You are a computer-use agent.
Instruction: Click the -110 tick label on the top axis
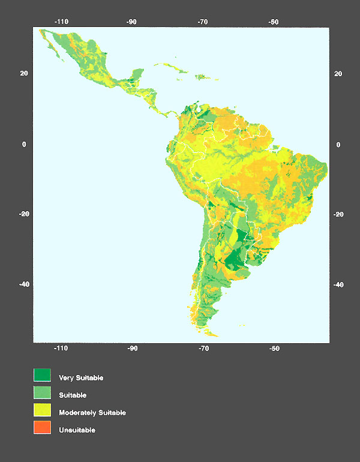[61, 22]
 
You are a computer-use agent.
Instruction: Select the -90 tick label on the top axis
[132, 22]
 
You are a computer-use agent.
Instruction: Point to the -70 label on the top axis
[203, 22]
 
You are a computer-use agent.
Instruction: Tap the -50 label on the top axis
[274, 22]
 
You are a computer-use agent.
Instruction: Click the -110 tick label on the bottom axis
[61, 349]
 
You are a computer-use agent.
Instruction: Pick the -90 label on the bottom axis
[132, 349]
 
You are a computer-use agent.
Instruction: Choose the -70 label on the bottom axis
[203, 349]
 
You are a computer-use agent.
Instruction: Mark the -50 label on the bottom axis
[274, 349]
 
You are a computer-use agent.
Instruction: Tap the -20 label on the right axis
[337, 214]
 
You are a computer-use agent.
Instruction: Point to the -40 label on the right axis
[337, 285]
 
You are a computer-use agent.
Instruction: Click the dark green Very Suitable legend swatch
[42, 376]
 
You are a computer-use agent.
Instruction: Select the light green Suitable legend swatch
[42, 393]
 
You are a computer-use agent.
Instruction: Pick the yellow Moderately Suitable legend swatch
[42, 410]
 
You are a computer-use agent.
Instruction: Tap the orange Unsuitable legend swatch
[42, 428]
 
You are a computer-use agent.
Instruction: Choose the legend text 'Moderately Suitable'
[92, 413]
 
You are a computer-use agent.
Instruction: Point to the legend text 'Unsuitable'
[77, 430]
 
